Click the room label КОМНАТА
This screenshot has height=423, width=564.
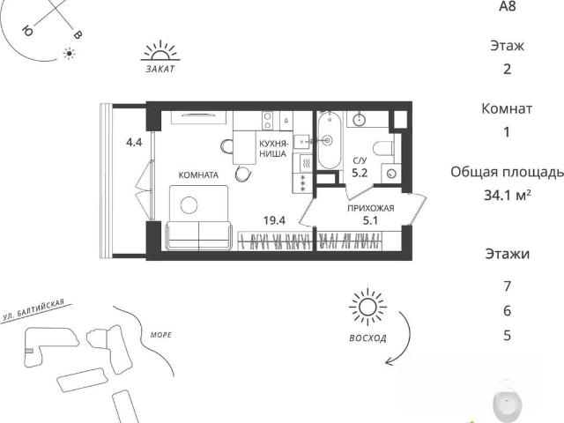(x=198, y=175)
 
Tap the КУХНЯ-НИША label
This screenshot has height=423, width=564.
(x=274, y=149)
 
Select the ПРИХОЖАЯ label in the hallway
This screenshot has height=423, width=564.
(x=370, y=208)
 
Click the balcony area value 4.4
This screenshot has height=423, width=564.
(x=134, y=143)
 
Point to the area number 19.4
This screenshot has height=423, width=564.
(x=274, y=220)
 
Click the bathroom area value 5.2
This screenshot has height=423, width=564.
(x=360, y=173)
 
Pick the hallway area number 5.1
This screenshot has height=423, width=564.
(x=370, y=220)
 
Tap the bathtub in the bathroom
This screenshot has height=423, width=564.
(x=329, y=140)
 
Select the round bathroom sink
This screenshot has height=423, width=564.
(x=360, y=119)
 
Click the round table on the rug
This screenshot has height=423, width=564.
(x=189, y=205)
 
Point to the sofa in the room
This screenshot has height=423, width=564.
(x=199, y=235)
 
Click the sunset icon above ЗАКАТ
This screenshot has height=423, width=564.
(x=160, y=50)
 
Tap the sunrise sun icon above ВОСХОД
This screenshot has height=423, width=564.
(x=367, y=308)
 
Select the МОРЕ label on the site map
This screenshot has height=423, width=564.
(x=161, y=335)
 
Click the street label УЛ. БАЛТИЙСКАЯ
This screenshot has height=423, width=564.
(x=33, y=309)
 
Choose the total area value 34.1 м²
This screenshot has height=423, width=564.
(x=508, y=196)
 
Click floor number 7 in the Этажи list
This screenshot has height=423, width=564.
(x=508, y=286)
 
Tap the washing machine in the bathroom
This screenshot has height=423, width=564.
(x=391, y=174)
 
